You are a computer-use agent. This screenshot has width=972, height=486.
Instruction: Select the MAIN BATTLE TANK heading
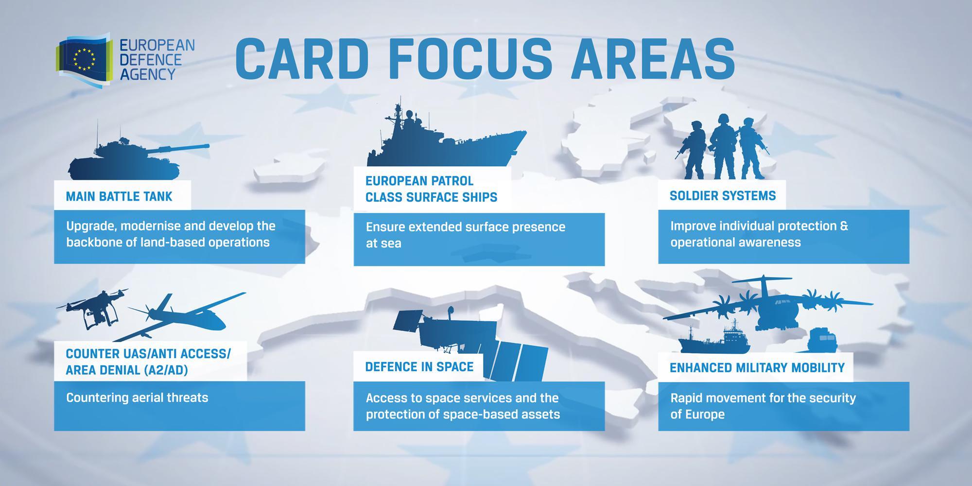119,196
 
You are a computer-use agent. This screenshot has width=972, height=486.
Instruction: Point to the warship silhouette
446,136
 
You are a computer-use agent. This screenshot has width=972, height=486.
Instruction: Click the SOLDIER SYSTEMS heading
723,196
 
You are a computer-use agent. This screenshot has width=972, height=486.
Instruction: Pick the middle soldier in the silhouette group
723,146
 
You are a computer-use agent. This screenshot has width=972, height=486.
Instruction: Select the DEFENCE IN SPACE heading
419,367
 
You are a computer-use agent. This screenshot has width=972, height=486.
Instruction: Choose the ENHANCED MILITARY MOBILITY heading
757,368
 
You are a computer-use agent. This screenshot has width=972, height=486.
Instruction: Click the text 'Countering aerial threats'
137,398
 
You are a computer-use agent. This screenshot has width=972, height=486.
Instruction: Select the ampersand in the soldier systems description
844,226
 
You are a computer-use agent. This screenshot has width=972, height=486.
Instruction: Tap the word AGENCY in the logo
147,74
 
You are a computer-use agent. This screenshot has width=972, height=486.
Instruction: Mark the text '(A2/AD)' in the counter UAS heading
166,370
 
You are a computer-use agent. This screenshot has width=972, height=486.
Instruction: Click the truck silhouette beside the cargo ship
823,340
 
